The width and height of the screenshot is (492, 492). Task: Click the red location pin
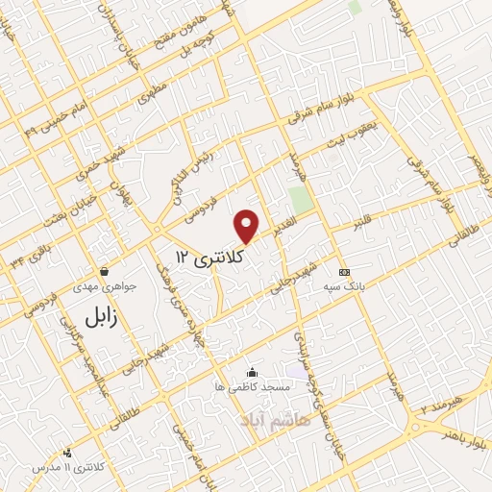pos(247,226)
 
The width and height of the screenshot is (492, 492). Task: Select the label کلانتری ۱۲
pos(210,257)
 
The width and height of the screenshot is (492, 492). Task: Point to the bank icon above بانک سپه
pos(342,272)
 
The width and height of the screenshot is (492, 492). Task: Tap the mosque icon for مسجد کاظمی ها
pos(252,372)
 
